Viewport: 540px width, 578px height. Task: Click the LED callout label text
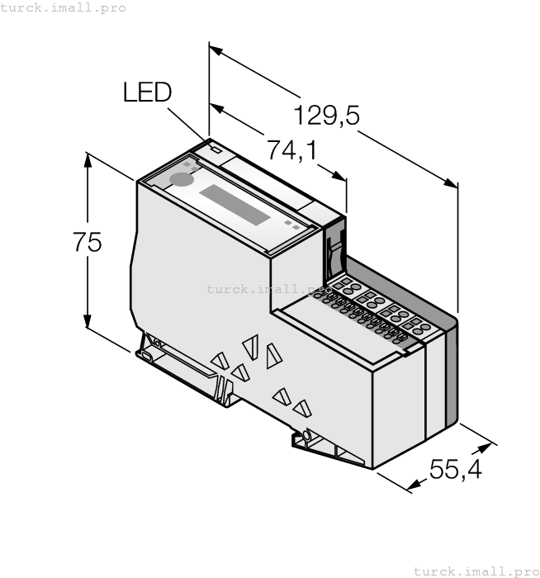(x=147, y=92)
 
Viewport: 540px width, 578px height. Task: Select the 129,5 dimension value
(x=327, y=116)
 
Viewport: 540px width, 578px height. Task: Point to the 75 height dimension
(x=87, y=242)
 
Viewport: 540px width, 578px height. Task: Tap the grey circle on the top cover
(x=179, y=179)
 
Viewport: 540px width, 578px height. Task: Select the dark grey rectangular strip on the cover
(x=235, y=204)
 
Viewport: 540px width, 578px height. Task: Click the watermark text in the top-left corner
(x=64, y=7)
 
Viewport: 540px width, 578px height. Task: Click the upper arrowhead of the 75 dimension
(x=88, y=158)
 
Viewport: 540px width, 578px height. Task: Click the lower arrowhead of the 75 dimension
(x=88, y=325)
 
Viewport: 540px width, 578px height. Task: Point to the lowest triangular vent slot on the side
(x=302, y=407)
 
